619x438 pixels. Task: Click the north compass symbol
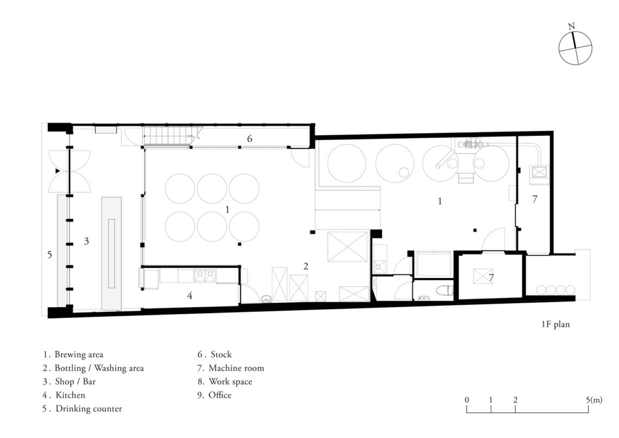[575, 48]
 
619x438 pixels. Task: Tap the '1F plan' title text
[555, 324]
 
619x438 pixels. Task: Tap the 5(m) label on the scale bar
[594, 400]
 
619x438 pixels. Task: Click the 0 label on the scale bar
[467, 400]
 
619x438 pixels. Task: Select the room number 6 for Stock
[249, 139]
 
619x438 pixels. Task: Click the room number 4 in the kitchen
[190, 296]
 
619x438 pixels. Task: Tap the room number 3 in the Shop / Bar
[86, 241]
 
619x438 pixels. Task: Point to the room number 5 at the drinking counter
[50, 255]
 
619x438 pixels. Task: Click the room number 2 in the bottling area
[306, 267]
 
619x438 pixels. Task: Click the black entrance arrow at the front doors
[58, 171]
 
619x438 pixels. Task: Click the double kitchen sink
[205, 275]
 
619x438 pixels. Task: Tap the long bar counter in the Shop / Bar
[112, 253]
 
